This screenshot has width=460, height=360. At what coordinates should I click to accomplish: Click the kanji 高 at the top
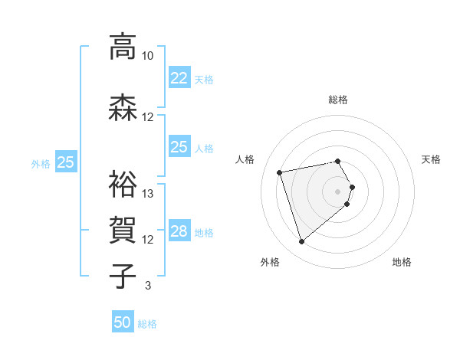[121, 47]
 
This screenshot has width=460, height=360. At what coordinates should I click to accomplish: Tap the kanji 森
[121, 108]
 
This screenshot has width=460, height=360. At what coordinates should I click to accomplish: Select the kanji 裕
[121, 185]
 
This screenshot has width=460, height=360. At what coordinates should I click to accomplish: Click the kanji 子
[121, 277]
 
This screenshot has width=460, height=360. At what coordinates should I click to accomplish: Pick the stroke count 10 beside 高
[147, 56]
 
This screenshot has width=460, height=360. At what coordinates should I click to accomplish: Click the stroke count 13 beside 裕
[148, 194]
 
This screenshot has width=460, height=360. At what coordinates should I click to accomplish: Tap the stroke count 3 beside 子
[147, 286]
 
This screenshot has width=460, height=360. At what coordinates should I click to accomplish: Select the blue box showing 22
[179, 78]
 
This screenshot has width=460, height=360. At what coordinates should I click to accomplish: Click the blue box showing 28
[179, 231]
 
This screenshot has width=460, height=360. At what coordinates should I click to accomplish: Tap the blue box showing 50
[123, 322]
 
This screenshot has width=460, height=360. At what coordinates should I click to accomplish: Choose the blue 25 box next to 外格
[65, 162]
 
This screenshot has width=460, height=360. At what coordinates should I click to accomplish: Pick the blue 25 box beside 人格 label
[179, 147]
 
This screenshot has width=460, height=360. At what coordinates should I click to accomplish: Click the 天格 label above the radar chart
[431, 159]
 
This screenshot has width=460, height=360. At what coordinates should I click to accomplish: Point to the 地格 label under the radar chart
[402, 263]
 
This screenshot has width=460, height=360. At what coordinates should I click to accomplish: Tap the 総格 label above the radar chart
[338, 100]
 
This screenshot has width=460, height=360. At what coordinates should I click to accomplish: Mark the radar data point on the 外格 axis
[302, 242]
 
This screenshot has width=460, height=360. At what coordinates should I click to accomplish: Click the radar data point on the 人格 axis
[280, 172]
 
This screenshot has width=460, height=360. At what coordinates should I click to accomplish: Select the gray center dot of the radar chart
[337, 191]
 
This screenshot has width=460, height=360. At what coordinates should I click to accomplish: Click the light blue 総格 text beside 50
[147, 324]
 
